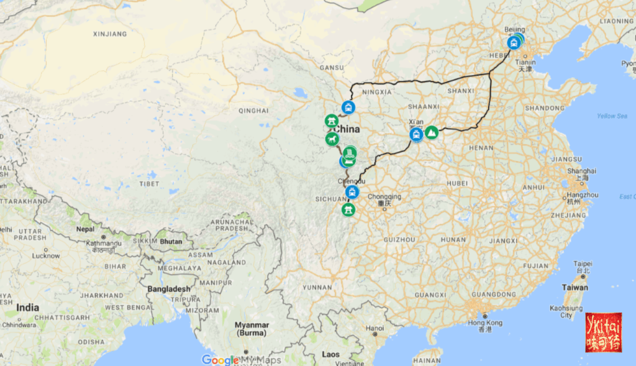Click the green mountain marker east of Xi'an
coord(431,132)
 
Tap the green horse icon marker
coord(331,138)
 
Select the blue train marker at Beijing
coord(514,43)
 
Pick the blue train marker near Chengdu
coord(353,191)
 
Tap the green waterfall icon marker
coord(350,152)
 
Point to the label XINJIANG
coord(109,34)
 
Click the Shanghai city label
coord(581,171)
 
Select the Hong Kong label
coord(484,323)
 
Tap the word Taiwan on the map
coord(575,287)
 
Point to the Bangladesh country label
coord(168,288)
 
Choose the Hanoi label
coord(375,327)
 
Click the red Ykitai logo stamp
coord(603,332)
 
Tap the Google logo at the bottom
coord(220,360)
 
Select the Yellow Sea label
coord(612,116)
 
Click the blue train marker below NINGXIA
coord(348,108)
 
